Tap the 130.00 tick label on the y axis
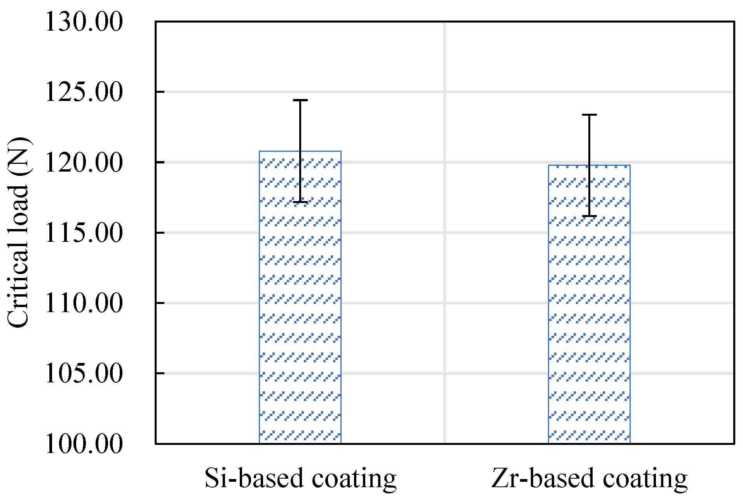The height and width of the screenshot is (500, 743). (84, 22)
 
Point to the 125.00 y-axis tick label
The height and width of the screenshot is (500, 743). (84, 92)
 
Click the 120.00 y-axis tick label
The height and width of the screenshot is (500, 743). (84, 163)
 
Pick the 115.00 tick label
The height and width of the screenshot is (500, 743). (84, 233)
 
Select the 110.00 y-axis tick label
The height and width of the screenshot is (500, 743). (84, 303)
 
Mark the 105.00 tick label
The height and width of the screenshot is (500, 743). (84, 373)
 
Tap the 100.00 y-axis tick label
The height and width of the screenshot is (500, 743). (84, 444)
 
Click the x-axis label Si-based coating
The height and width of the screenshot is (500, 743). (300, 478)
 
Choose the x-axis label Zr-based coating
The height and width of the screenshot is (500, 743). (589, 478)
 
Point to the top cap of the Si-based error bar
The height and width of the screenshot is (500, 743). (300, 100)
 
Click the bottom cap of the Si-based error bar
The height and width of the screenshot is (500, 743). (300, 202)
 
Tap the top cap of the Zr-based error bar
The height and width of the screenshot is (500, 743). (589, 115)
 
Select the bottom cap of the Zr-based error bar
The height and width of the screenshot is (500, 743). (589, 216)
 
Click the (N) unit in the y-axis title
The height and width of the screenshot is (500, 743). (19, 155)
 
